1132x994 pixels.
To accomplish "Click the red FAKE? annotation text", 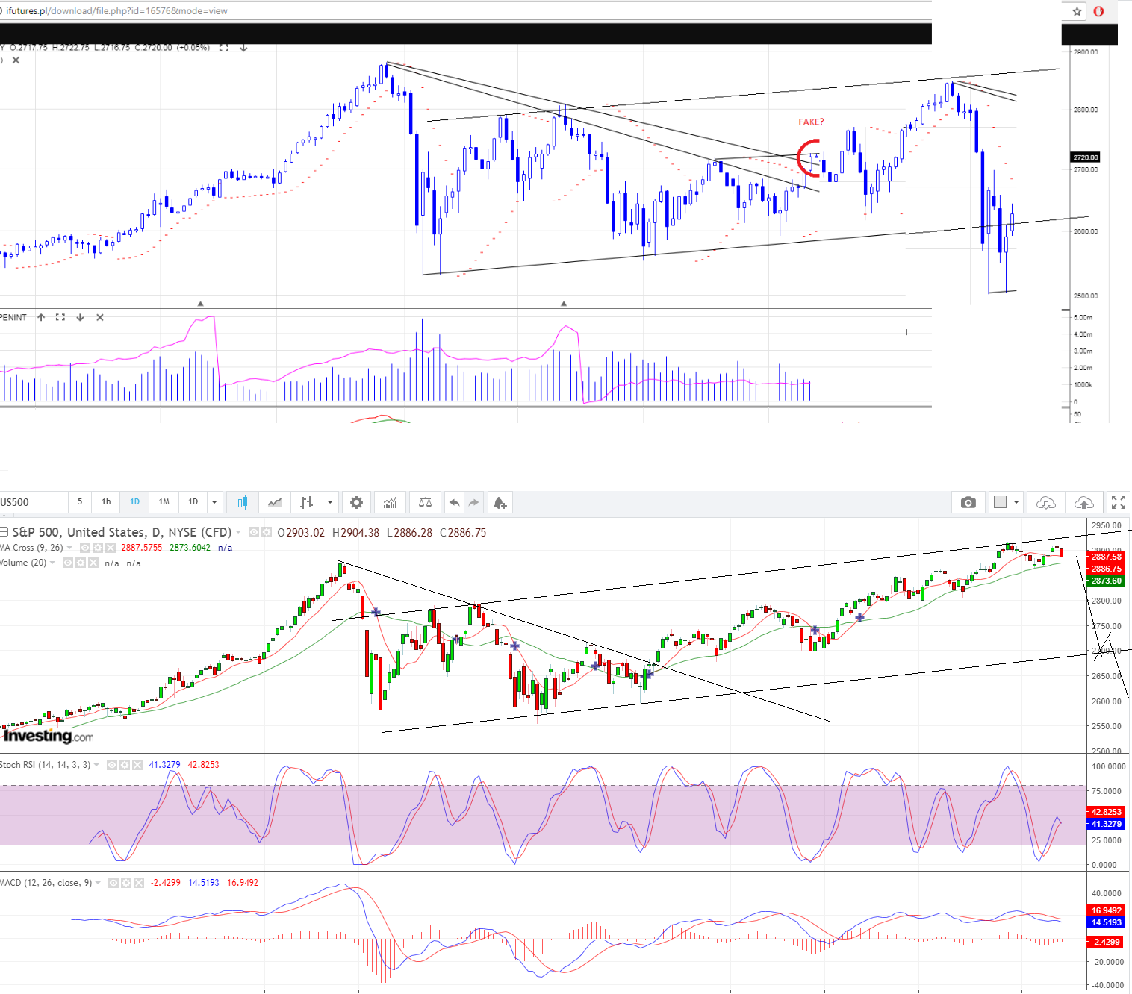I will (x=811, y=122).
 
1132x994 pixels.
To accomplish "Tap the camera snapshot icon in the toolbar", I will (x=968, y=502).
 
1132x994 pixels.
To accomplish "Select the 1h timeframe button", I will (x=106, y=501).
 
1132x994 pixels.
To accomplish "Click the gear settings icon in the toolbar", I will (x=356, y=502).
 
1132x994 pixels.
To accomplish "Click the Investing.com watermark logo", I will (x=49, y=736).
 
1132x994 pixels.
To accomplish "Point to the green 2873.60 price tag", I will (x=1106, y=581).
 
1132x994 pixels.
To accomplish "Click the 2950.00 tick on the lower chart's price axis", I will (x=1106, y=525).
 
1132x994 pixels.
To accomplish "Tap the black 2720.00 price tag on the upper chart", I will (x=1086, y=157).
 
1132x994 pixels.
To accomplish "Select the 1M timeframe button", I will (x=164, y=501).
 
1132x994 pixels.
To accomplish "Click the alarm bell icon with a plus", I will (x=500, y=502).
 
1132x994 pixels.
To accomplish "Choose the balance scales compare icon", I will (x=425, y=502).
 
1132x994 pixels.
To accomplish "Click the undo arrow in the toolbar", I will (x=454, y=502).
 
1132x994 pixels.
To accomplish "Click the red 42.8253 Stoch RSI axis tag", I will (x=1106, y=812).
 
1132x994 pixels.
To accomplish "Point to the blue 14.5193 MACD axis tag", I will (x=1106, y=922).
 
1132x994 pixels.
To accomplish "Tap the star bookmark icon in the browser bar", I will (x=1077, y=11).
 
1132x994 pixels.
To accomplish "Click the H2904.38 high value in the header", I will (x=355, y=533).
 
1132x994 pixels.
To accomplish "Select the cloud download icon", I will (x=1045, y=502).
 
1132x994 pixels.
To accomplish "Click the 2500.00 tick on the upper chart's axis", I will (x=1085, y=296).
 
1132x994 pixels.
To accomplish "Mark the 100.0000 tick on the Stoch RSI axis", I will (x=1108, y=766).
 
